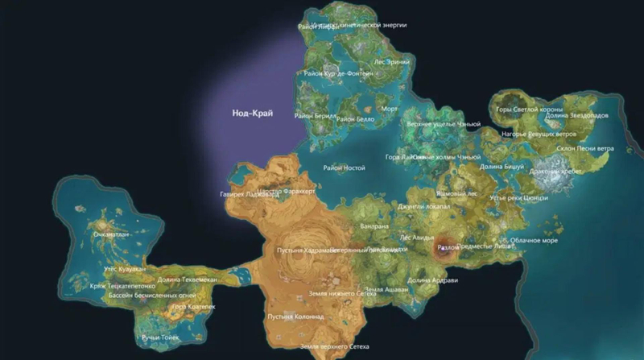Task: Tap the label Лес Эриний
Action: [392, 60]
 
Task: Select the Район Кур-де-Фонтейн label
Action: [338, 73]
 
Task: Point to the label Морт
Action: [390, 108]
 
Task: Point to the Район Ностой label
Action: [345, 168]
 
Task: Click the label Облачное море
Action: [534, 240]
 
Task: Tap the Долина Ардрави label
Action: [432, 280]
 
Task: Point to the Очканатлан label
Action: [112, 234]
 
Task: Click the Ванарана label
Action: [376, 226]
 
